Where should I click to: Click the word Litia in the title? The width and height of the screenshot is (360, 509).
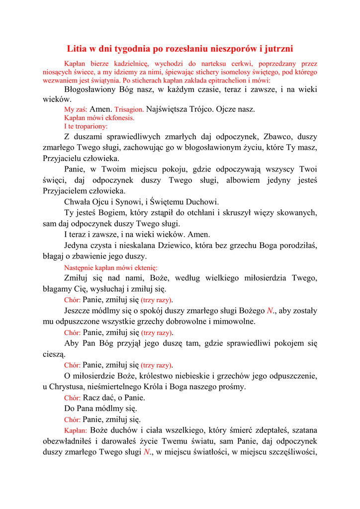(78, 49)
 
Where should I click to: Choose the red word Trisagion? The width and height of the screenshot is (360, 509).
(129, 109)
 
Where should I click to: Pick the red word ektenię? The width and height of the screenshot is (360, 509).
(145, 267)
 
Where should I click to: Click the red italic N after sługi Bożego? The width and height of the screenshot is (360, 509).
(270, 311)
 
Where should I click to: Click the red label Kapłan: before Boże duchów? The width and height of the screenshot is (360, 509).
(76, 430)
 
